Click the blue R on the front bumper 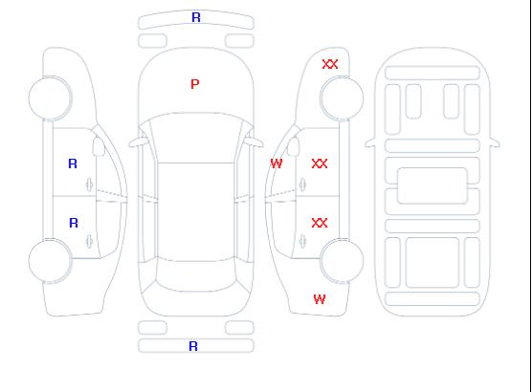pos(196,17)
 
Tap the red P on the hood pos(195,84)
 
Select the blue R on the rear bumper pos(193,346)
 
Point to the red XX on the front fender pos(330,64)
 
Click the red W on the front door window pos(277,163)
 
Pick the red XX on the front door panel pos(320,163)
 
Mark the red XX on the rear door pos(320,223)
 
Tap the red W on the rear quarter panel pos(320,299)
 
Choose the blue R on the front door pos(73,163)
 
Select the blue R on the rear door pos(74,223)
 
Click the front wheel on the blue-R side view pos(50,98)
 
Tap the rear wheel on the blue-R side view pos(50,261)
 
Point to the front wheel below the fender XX pos(342,98)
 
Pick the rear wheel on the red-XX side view pos(342,261)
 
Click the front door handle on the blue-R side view pos(89,185)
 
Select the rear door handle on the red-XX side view pos(302,242)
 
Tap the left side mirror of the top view pos(137,142)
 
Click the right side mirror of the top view pos(255,142)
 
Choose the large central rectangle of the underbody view pos(432,185)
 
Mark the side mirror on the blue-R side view pos(99,146)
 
